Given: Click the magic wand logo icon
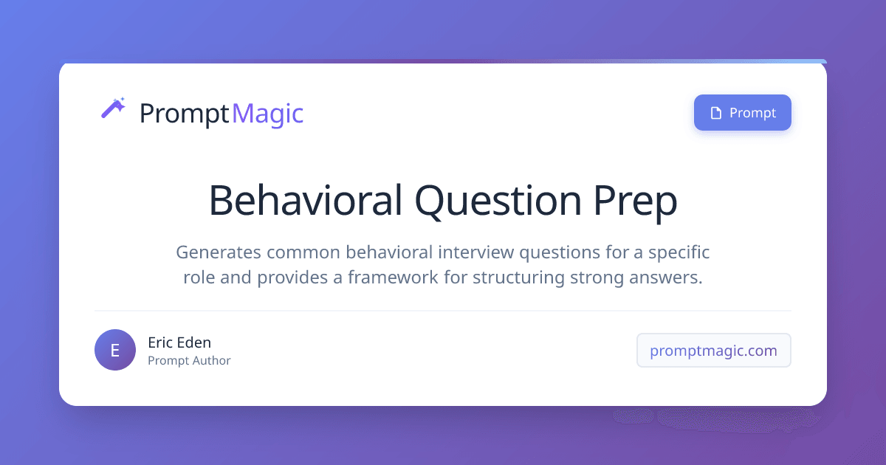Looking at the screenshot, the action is click(x=113, y=108).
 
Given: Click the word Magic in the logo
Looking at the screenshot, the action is click(x=268, y=114).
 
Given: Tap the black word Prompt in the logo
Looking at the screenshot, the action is click(x=185, y=114).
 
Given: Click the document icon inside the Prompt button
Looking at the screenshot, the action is click(x=716, y=113).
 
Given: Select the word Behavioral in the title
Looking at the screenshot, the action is click(x=306, y=201).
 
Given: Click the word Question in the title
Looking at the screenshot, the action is click(x=498, y=201).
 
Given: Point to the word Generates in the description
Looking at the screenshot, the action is click(x=219, y=252).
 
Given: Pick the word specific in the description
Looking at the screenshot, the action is click(x=679, y=252).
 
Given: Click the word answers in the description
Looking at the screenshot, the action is click(x=666, y=278).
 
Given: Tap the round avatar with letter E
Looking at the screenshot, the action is click(x=115, y=350).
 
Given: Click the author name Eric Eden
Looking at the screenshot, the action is click(x=179, y=342).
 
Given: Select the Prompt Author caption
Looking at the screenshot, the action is click(x=189, y=361).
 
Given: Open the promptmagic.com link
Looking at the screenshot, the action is click(x=713, y=351).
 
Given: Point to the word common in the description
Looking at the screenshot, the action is click(x=303, y=252).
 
